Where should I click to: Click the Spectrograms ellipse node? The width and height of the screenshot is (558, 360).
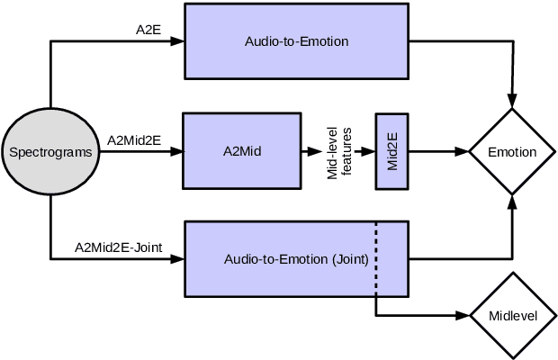click(x=50, y=152)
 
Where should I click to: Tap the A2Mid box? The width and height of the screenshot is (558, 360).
click(x=242, y=151)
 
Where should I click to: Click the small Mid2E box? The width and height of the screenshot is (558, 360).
click(x=391, y=151)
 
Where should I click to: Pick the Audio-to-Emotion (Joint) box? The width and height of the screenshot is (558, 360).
click(x=296, y=260)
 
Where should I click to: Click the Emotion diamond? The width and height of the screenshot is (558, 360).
click(x=512, y=152)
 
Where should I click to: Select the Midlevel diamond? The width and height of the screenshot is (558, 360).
click(x=512, y=316)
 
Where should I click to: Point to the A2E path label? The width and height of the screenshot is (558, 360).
click(x=148, y=30)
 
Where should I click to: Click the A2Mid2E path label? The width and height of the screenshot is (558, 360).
click(x=136, y=139)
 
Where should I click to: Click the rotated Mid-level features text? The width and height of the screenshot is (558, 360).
click(x=338, y=151)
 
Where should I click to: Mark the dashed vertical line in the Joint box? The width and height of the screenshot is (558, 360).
click(x=376, y=261)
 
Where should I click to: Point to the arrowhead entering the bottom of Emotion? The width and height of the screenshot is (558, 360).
click(x=512, y=202)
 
